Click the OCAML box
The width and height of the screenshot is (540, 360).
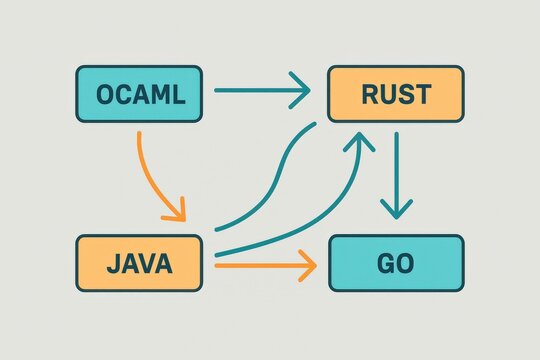tap(139, 95)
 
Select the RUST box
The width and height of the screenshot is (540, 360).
tap(395, 95)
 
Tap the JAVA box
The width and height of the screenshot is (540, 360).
tap(139, 265)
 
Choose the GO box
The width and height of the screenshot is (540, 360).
tap(396, 265)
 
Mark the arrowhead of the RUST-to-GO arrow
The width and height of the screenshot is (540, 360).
tap(397, 210)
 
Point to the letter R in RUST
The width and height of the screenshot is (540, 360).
tap(369, 95)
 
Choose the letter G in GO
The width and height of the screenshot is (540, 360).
tap(385, 265)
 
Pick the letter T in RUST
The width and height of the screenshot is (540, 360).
tap(423, 95)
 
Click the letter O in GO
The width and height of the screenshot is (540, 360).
tap(407, 265)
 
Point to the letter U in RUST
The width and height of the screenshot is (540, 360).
tap(387, 95)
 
